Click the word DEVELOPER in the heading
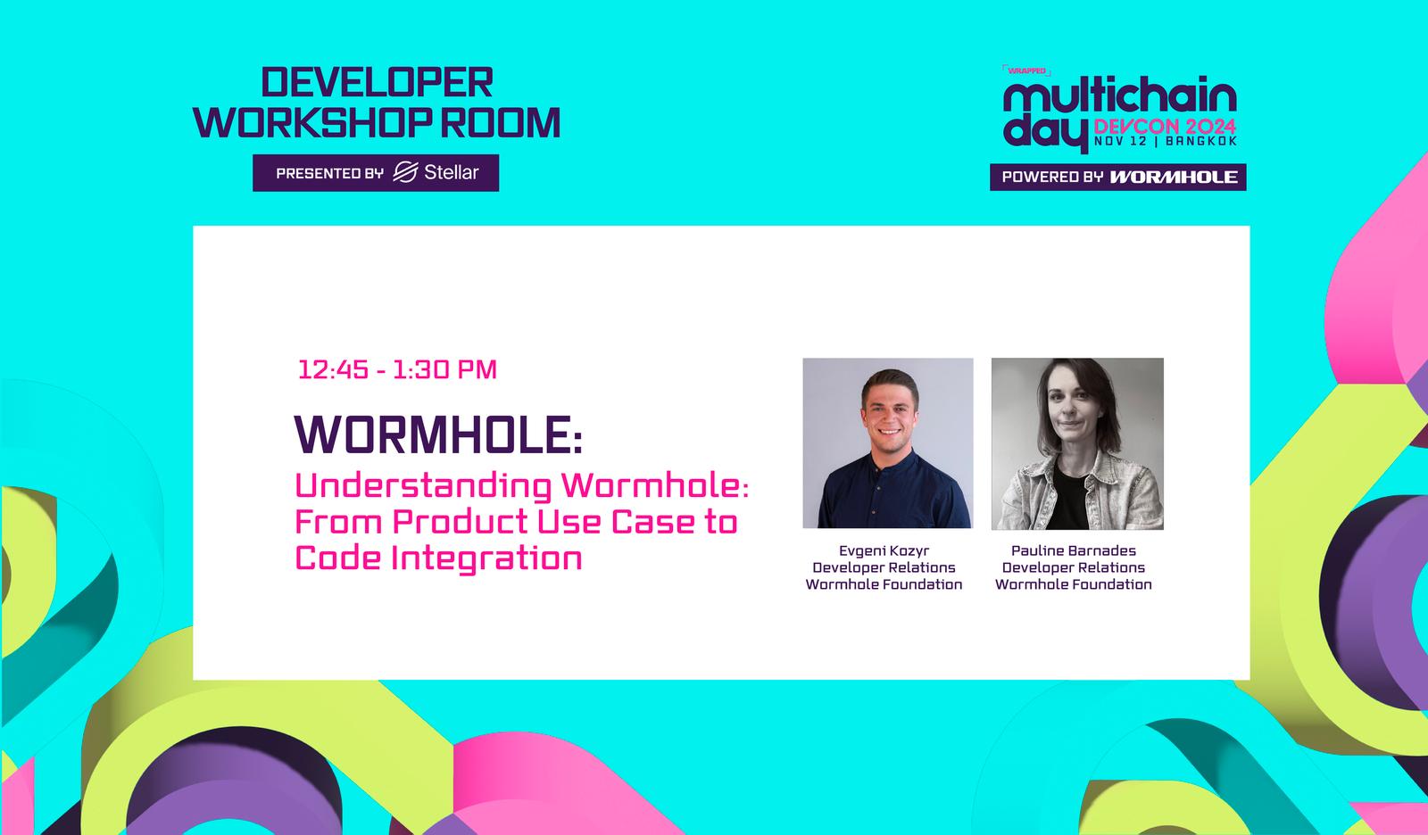point(378,82)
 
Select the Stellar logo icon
point(405,172)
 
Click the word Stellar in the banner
point(452,172)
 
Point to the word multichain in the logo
point(1120,96)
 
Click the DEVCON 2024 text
point(1166,126)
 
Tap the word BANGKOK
point(1201,141)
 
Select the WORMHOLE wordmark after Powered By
point(1174,178)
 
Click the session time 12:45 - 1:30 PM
point(397,369)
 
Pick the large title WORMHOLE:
point(438,434)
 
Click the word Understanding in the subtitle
point(423,487)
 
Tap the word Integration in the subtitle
point(486,558)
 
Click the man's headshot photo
point(887,443)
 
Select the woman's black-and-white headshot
point(1077,443)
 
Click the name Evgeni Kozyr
point(884,550)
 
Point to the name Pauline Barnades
point(1074,550)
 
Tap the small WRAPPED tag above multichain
point(1026,70)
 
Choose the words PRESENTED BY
point(329,173)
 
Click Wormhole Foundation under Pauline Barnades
point(1074,584)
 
